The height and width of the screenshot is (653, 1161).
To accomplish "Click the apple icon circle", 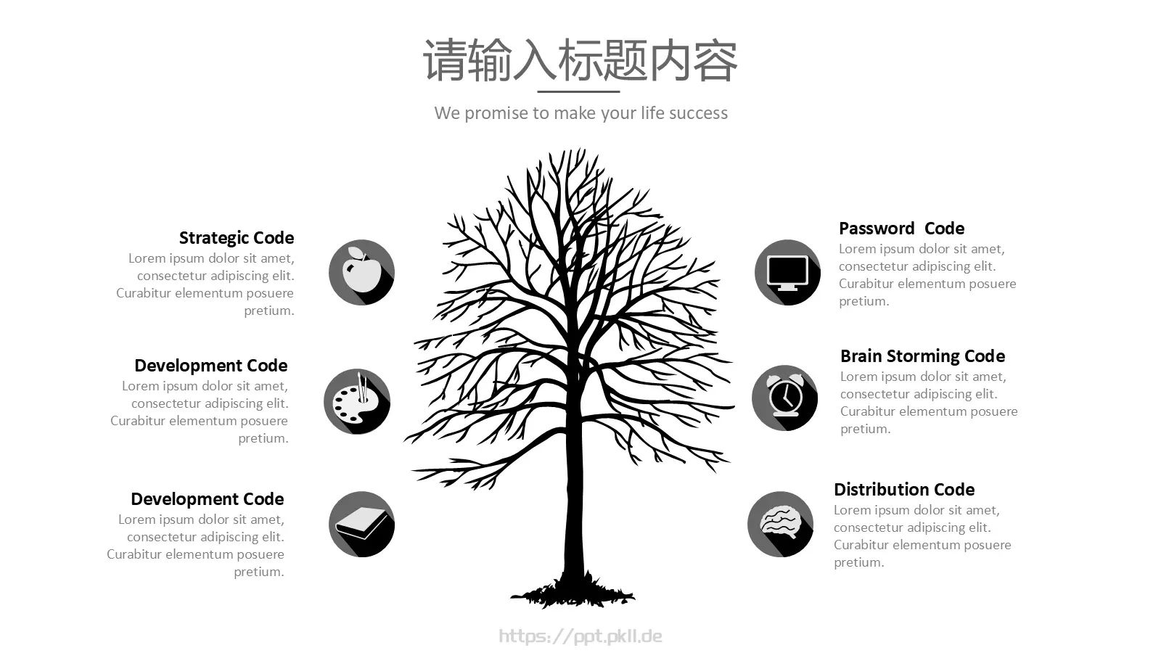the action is [x=362, y=272].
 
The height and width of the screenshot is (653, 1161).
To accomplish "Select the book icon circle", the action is [x=362, y=524].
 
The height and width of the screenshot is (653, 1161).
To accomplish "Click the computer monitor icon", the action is [x=787, y=273].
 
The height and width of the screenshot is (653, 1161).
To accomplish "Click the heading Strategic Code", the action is [x=237, y=238].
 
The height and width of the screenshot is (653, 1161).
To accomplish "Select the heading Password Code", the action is [x=901, y=229].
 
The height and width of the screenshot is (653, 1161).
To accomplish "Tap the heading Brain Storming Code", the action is [x=922, y=356].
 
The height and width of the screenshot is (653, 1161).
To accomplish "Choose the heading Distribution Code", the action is [x=904, y=490].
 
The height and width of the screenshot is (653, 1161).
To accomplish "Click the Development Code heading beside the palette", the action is [x=211, y=366].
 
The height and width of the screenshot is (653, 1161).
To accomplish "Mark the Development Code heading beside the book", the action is [x=208, y=499].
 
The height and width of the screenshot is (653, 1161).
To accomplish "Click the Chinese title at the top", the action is [x=580, y=61].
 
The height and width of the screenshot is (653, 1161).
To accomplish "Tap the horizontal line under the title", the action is [x=578, y=91].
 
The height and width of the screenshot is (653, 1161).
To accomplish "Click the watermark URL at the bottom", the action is [x=580, y=636].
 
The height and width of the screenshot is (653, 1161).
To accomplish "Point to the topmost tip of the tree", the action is [x=581, y=149].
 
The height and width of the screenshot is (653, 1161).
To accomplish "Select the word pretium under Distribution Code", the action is [x=858, y=563].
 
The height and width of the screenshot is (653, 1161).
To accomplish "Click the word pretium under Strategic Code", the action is [x=269, y=311].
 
